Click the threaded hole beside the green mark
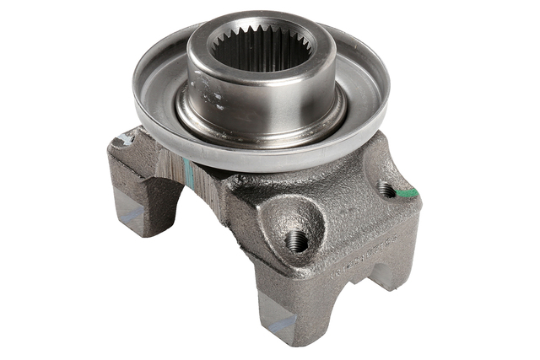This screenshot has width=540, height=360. tap(386, 189)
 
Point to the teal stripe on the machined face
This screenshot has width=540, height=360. tap(191, 174)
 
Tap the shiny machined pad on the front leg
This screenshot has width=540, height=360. tap(278, 324)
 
